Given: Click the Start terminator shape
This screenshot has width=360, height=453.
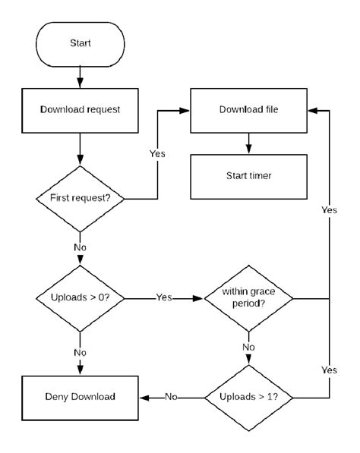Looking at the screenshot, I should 80,43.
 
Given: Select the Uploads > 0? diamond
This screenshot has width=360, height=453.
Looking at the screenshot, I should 80,298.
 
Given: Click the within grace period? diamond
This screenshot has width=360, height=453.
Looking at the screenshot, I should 249,298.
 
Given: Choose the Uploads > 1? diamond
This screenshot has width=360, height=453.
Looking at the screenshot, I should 249,397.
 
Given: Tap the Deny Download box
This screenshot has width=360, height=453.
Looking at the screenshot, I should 80,397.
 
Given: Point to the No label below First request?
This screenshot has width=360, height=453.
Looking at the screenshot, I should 80,247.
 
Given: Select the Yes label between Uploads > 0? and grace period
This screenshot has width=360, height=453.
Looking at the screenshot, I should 164,298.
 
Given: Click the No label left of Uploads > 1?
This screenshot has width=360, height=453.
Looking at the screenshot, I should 172,397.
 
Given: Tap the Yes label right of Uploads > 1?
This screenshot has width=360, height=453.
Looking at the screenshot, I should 329,371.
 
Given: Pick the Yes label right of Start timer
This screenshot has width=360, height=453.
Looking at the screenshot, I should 329,209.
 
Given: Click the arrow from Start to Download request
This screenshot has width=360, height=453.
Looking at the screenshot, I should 80,76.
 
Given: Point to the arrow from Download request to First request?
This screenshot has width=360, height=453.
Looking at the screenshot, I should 80,150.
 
